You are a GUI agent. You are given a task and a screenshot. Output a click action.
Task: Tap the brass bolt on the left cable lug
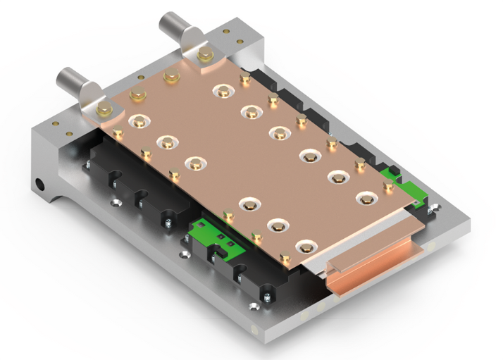click(104, 108)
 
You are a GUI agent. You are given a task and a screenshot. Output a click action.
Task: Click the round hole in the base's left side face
click(40, 186)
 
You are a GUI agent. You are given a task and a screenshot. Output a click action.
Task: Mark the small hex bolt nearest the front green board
click(228, 215)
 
